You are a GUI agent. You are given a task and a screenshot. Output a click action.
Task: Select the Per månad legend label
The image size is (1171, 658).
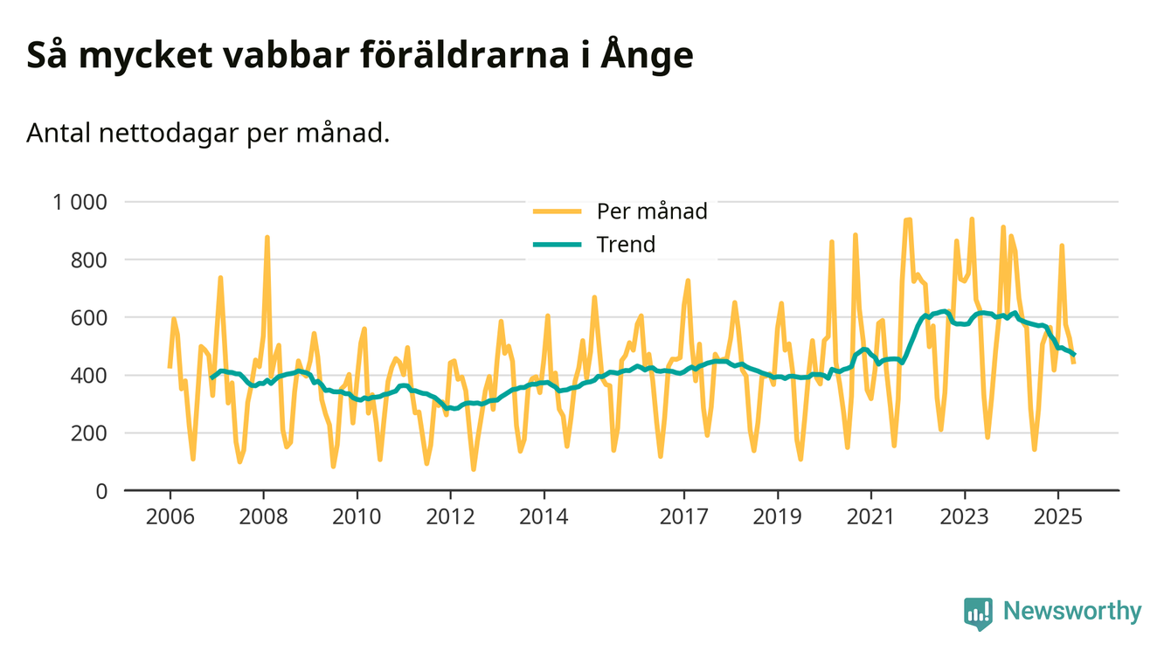click(x=652, y=211)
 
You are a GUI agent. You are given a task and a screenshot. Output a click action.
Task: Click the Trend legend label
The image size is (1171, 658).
click(x=626, y=245)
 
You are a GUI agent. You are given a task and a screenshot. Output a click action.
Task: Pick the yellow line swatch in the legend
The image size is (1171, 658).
click(x=557, y=211)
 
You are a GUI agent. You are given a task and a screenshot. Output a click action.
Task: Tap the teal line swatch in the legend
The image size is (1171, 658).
click(x=557, y=245)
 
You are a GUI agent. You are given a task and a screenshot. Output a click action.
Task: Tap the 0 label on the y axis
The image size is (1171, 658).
click(x=100, y=491)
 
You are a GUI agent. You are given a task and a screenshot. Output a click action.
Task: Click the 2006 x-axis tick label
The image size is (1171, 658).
click(x=170, y=516)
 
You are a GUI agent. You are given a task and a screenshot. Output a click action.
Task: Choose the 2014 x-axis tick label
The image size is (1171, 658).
click(x=544, y=516)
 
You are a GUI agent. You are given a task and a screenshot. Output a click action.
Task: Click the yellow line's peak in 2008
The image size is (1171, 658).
click(x=267, y=237)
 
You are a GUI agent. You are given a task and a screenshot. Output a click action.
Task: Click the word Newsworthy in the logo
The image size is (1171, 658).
click(x=1072, y=611)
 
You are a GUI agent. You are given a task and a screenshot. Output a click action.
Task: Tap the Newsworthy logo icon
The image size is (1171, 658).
click(x=979, y=613)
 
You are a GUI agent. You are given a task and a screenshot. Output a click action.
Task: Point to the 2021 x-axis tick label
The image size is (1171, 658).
click(x=871, y=516)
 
